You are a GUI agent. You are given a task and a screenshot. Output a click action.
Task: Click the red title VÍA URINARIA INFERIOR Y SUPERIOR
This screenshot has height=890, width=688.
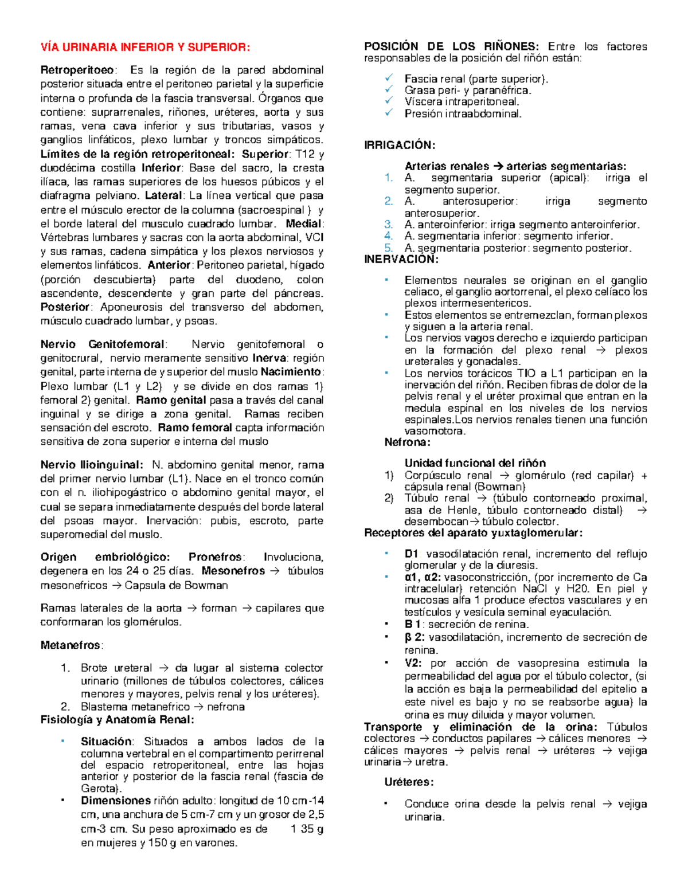click(145, 47)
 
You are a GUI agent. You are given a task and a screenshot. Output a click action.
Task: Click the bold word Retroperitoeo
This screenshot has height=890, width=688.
click(77, 70)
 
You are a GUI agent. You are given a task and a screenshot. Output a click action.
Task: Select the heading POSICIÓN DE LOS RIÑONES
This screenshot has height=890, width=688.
click(451, 46)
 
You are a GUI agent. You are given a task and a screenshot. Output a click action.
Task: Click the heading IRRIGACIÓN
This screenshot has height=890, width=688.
click(400, 146)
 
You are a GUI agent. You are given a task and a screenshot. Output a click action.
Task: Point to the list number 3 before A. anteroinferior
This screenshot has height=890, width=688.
click(389, 225)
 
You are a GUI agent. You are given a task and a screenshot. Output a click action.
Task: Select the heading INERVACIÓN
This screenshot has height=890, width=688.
click(401, 260)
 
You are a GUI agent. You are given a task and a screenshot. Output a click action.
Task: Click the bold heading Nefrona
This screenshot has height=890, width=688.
click(407, 442)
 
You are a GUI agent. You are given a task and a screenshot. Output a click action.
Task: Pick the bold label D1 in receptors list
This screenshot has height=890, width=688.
click(412, 554)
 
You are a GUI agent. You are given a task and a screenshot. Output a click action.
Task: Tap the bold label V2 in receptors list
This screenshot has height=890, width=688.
click(413, 663)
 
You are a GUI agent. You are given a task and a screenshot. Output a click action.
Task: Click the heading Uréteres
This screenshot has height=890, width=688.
click(409, 782)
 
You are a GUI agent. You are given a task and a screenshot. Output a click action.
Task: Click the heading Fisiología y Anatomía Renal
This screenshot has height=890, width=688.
click(117, 720)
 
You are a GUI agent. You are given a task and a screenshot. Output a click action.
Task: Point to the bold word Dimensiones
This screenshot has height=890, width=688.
click(116, 801)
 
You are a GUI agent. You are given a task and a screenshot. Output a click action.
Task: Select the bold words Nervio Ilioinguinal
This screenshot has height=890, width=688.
click(91, 465)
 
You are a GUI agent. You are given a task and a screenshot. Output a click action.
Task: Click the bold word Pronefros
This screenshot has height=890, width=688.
click(216, 557)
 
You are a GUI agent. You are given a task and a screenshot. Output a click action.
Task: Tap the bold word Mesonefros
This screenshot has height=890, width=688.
click(233, 571)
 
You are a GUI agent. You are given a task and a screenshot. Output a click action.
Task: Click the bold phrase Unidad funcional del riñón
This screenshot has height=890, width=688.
click(475, 463)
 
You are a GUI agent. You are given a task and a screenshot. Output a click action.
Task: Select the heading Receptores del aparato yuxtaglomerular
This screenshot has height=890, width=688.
click(473, 533)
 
